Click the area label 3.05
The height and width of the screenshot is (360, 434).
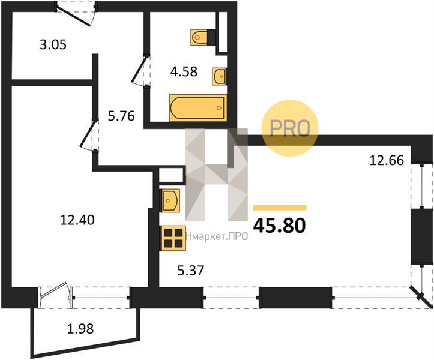click(x=53, y=44)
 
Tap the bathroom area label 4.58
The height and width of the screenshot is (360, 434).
click(x=184, y=71)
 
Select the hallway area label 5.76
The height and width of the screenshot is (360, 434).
click(x=121, y=116)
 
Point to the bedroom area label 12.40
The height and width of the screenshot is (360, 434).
click(x=77, y=220)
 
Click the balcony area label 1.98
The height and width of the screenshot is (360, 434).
click(x=80, y=329)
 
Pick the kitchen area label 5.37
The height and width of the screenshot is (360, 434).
click(x=190, y=271)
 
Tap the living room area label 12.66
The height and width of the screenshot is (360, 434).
click(x=387, y=160)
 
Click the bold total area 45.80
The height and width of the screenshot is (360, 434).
click(x=280, y=226)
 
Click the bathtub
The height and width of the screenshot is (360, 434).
click(x=198, y=108)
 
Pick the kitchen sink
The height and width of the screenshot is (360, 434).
click(x=170, y=200)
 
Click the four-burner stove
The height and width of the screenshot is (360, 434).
click(x=173, y=238)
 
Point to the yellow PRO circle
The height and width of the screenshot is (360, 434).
click(x=290, y=128)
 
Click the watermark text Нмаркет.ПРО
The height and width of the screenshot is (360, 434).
click(x=217, y=236)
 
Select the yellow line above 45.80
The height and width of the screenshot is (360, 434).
click(x=280, y=208)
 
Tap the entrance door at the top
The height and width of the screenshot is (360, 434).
click(x=73, y=16)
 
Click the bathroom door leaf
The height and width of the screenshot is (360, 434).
click(x=139, y=69)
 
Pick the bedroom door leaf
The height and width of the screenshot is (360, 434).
click(x=88, y=134)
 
